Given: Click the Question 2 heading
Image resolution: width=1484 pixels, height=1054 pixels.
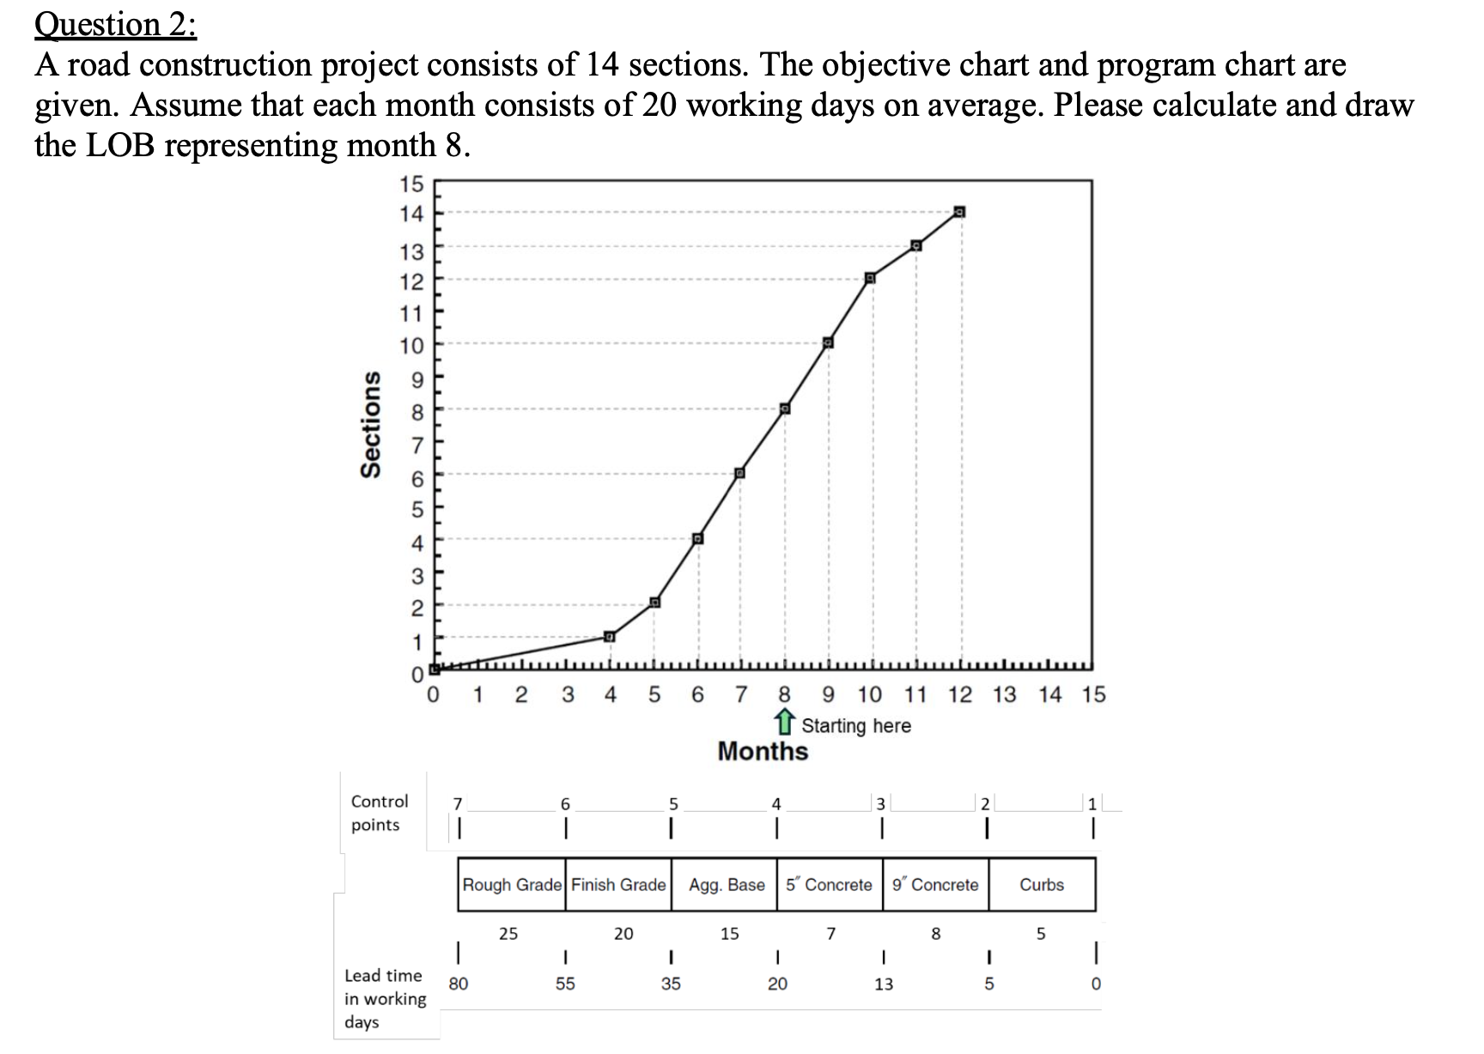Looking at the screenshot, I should click(115, 24).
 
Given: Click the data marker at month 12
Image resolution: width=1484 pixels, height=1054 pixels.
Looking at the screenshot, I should click(959, 212).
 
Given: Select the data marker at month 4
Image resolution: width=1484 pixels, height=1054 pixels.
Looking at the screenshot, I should click(609, 636).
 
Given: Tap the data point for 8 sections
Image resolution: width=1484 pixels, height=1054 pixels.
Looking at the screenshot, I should click(784, 409).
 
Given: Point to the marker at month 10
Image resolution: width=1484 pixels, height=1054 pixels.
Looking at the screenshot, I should click(870, 277).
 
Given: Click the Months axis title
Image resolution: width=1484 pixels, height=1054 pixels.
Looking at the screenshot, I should click(763, 751).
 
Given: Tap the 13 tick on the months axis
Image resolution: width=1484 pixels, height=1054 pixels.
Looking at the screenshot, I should click(1004, 694).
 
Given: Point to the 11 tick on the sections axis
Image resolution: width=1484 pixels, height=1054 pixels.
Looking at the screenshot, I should click(413, 312).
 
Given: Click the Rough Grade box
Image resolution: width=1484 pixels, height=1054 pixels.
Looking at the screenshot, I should click(512, 884).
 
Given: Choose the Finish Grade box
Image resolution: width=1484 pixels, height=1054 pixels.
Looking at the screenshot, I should click(618, 884).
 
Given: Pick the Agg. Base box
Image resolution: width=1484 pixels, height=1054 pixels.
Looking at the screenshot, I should click(726, 884).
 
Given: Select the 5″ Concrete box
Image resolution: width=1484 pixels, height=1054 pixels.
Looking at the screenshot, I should click(829, 884).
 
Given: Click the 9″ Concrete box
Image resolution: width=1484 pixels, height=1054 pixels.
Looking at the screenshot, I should click(935, 884).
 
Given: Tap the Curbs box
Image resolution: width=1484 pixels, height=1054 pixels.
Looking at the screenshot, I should click(1042, 884).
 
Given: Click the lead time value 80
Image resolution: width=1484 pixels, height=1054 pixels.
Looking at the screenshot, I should click(459, 984).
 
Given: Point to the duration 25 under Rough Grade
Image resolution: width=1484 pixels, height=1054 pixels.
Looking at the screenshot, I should click(508, 933).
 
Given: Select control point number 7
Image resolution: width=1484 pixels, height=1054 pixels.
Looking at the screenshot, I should click(458, 804).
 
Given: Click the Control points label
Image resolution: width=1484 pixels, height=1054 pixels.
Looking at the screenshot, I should click(379, 812).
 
